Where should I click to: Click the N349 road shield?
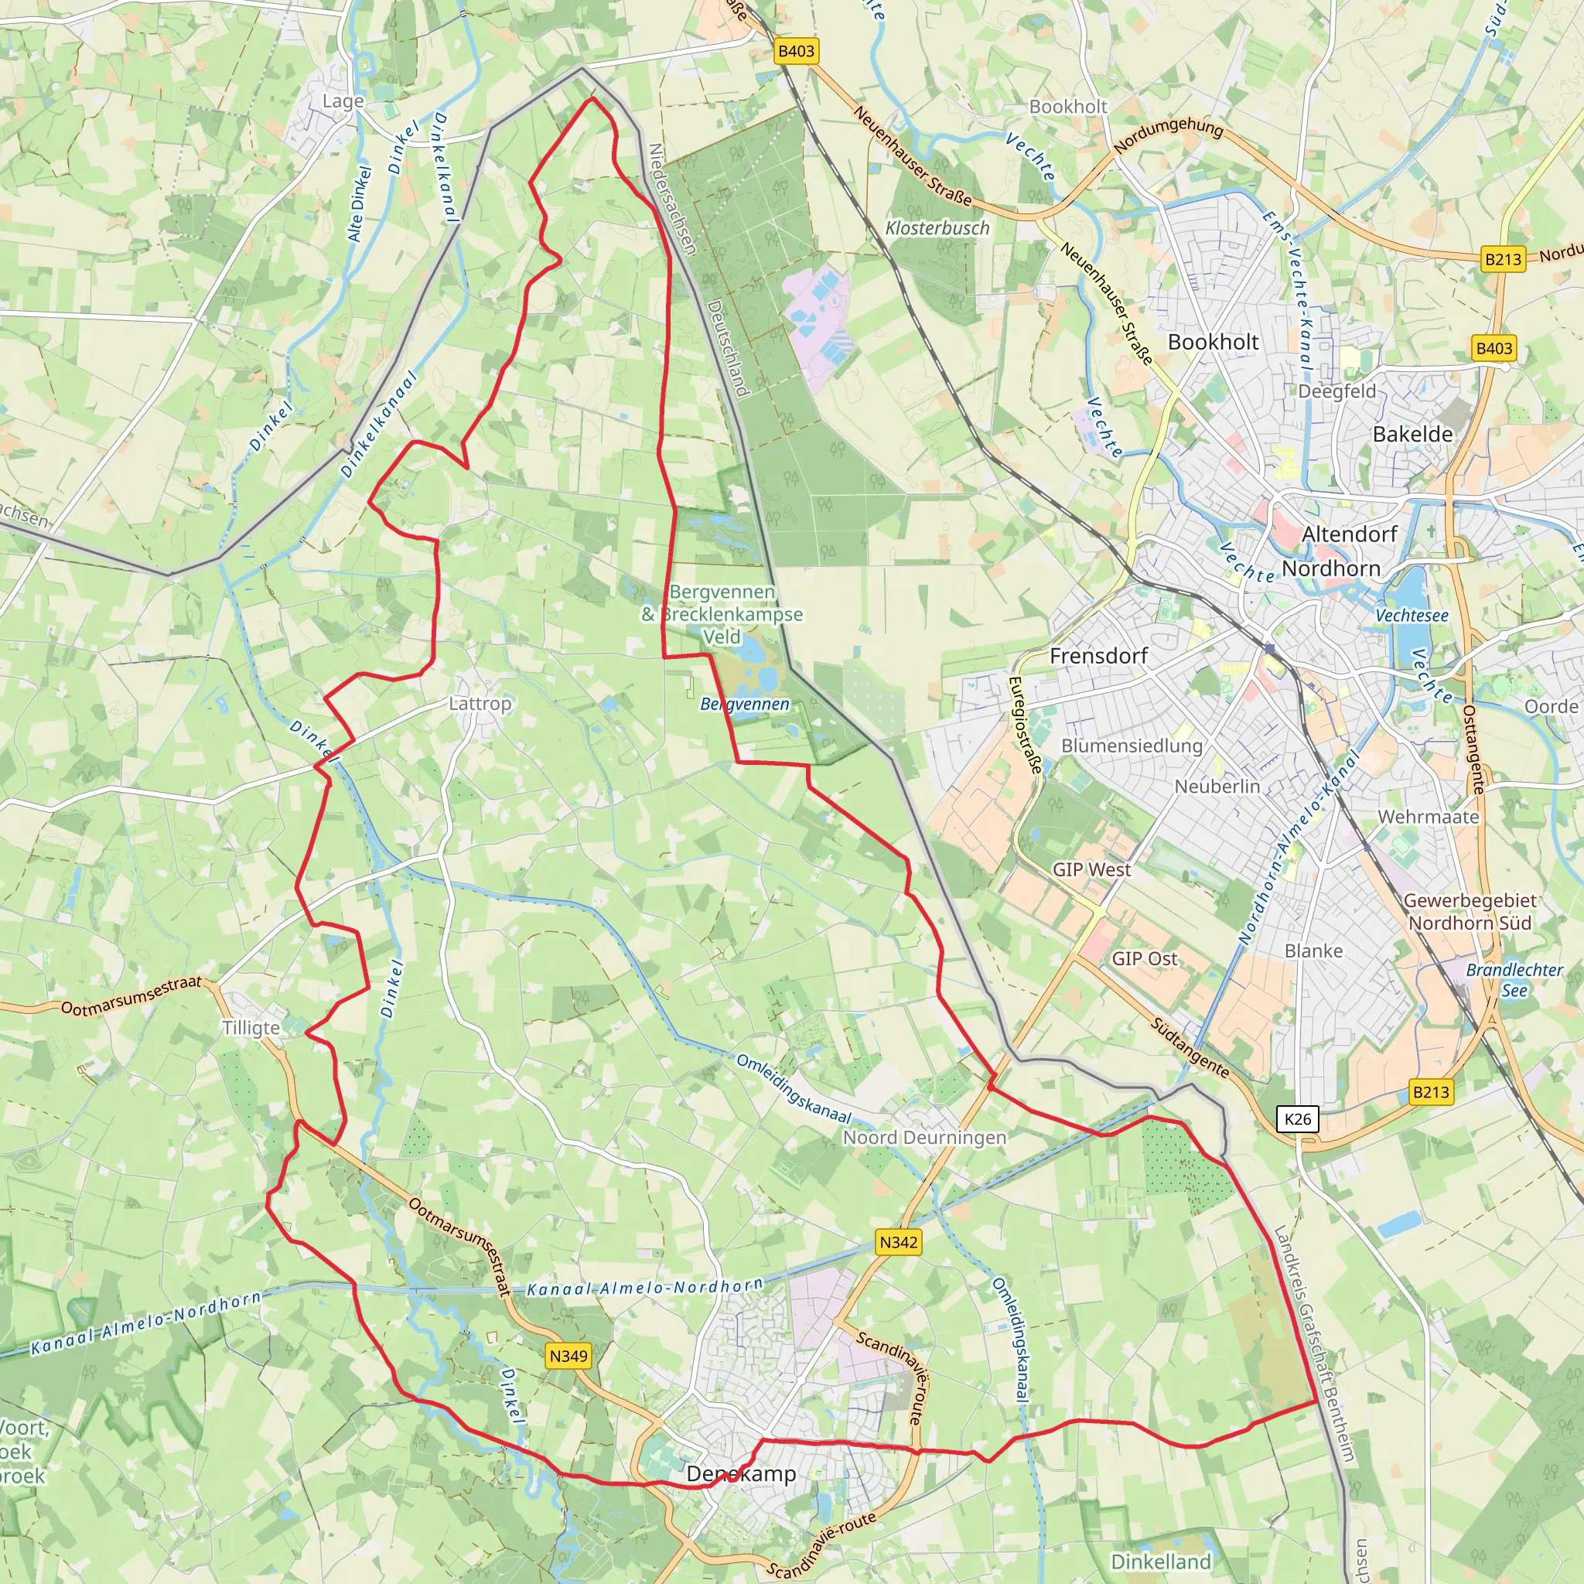click(x=568, y=1356)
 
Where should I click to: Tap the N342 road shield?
click(x=899, y=1242)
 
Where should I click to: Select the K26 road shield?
click(x=1297, y=1119)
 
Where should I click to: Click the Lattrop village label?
click(x=480, y=704)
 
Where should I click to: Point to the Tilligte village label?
click(x=251, y=1028)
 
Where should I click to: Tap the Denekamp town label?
click(x=741, y=1474)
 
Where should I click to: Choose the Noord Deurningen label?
click(x=924, y=1138)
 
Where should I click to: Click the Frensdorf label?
click(x=1098, y=656)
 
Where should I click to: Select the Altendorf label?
click(x=1350, y=534)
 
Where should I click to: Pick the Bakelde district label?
click(x=1412, y=435)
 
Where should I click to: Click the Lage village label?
click(x=343, y=101)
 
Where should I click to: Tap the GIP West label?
click(x=1091, y=870)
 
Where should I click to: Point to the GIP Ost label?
click(x=1144, y=958)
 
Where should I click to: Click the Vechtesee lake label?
click(x=1412, y=616)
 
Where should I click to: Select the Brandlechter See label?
click(x=1514, y=980)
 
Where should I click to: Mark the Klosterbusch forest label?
click(x=937, y=229)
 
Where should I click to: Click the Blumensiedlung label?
click(x=1132, y=746)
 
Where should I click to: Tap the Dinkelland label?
click(x=1160, y=1562)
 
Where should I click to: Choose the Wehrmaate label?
click(x=1429, y=818)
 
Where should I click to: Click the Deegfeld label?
click(x=1336, y=392)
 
